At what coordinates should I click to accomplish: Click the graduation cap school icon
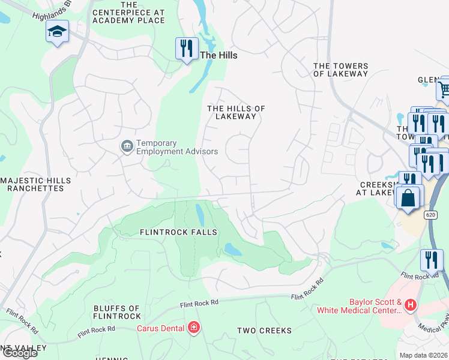coord(58,32)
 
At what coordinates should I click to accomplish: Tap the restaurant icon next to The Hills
coord(187,48)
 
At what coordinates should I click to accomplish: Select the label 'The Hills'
coord(218,55)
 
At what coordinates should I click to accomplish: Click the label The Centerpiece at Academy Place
coord(128,16)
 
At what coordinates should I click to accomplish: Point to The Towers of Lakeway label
coord(340,70)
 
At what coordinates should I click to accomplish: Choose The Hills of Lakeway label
coord(236,112)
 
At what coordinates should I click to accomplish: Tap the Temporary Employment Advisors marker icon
coord(127,146)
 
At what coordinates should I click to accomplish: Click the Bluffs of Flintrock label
coord(117,312)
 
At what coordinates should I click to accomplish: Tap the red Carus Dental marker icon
coord(193,328)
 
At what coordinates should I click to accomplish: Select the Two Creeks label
coord(264,331)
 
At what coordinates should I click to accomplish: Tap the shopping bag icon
coord(408,197)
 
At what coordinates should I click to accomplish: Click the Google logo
coord(20,353)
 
